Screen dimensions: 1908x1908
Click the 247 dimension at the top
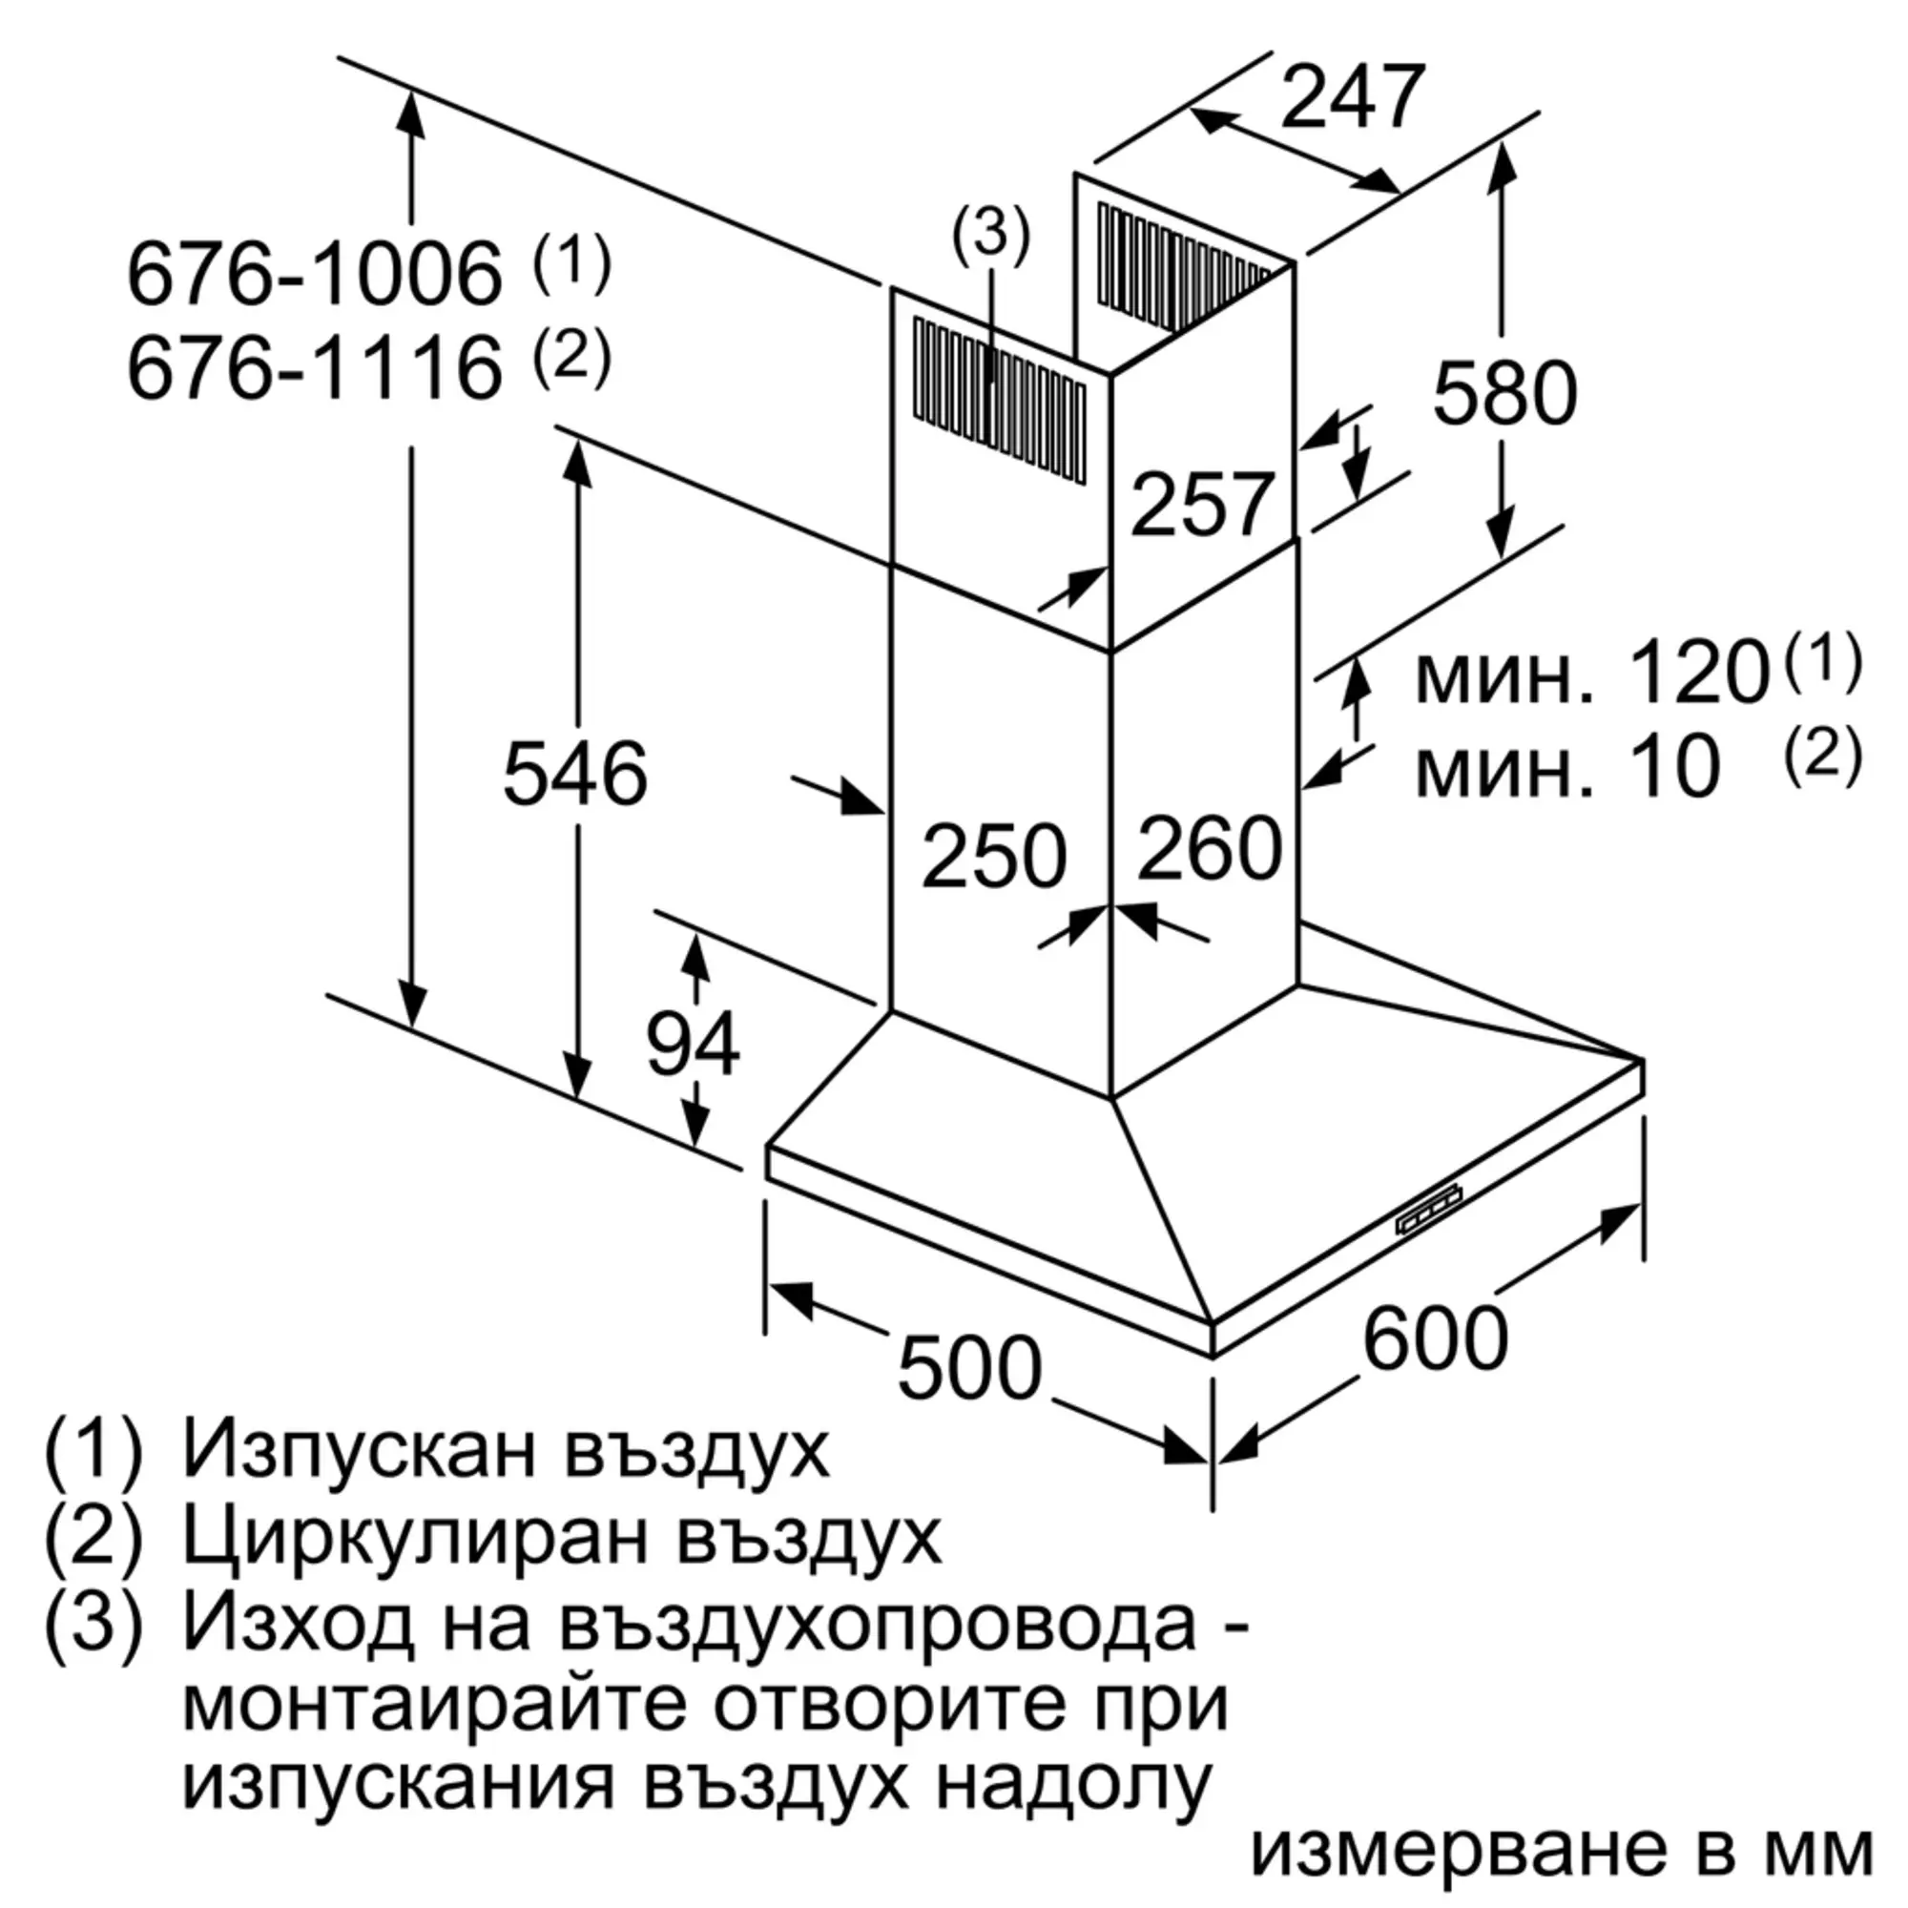coord(1352,97)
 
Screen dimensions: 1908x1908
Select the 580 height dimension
coord(1504,394)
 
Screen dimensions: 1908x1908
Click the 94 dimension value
coord(693,1044)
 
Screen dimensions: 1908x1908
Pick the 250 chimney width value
coord(993,855)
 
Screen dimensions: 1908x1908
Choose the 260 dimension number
coord(1209,847)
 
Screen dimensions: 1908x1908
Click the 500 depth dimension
coord(969,1368)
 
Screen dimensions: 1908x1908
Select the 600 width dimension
coord(1435,1338)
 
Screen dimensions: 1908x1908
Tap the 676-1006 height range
coord(314,274)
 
